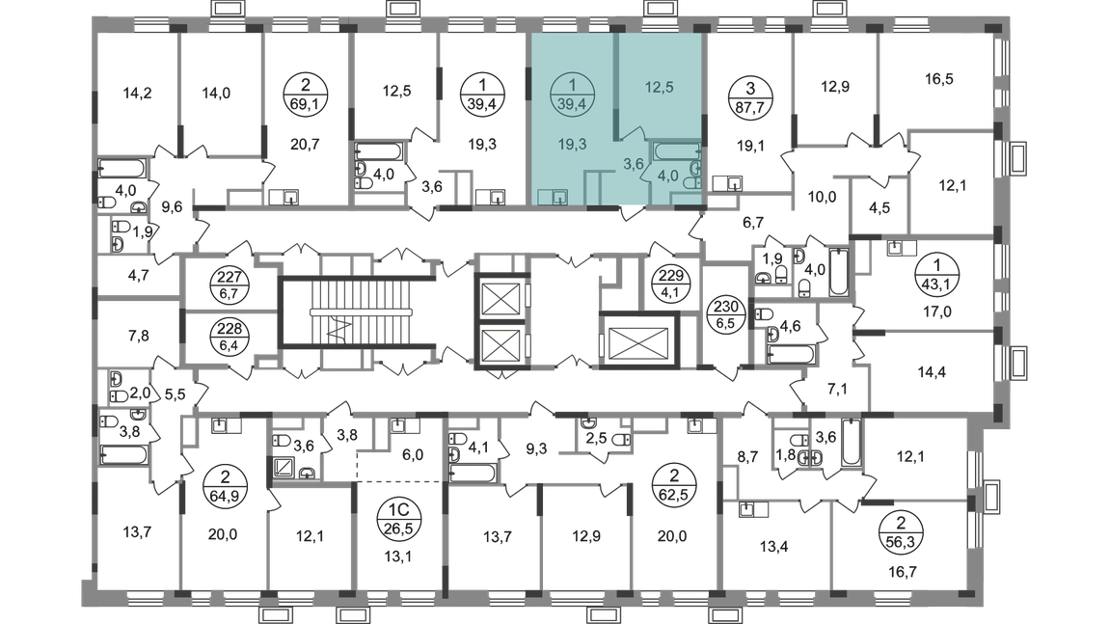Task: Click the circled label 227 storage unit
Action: [230, 285]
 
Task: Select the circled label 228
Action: [230, 336]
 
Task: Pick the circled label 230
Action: [726, 314]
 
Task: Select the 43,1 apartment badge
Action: [937, 275]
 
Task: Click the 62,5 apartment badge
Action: [674, 484]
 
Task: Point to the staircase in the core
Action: [357, 312]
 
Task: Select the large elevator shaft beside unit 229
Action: [638, 340]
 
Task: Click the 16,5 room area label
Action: [938, 78]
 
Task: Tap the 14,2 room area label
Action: [137, 93]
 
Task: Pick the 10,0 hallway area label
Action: [822, 197]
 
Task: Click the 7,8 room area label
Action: [139, 336]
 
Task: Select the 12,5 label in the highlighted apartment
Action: [659, 87]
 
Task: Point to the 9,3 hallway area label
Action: [537, 448]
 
